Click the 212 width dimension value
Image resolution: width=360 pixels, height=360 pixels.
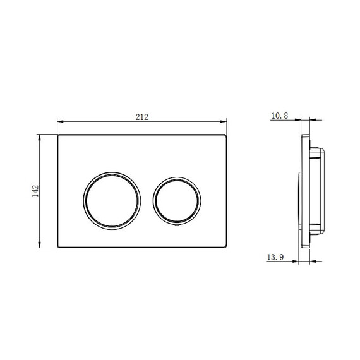point(142,117)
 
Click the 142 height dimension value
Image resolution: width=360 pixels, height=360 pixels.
point(35,191)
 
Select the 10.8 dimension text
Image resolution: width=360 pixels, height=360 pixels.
point(280,116)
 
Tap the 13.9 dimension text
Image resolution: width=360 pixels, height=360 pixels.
point(275,257)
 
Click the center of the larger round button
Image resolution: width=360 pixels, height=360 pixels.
point(112,201)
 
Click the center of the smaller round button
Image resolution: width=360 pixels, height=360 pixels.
point(177,201)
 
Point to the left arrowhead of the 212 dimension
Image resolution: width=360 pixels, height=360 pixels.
point(61,121)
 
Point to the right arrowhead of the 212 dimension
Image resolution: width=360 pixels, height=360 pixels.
point(224,121)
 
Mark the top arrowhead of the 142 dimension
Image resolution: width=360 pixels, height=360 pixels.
point(40,138)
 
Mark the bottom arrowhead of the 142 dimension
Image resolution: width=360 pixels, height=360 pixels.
point(40,244)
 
